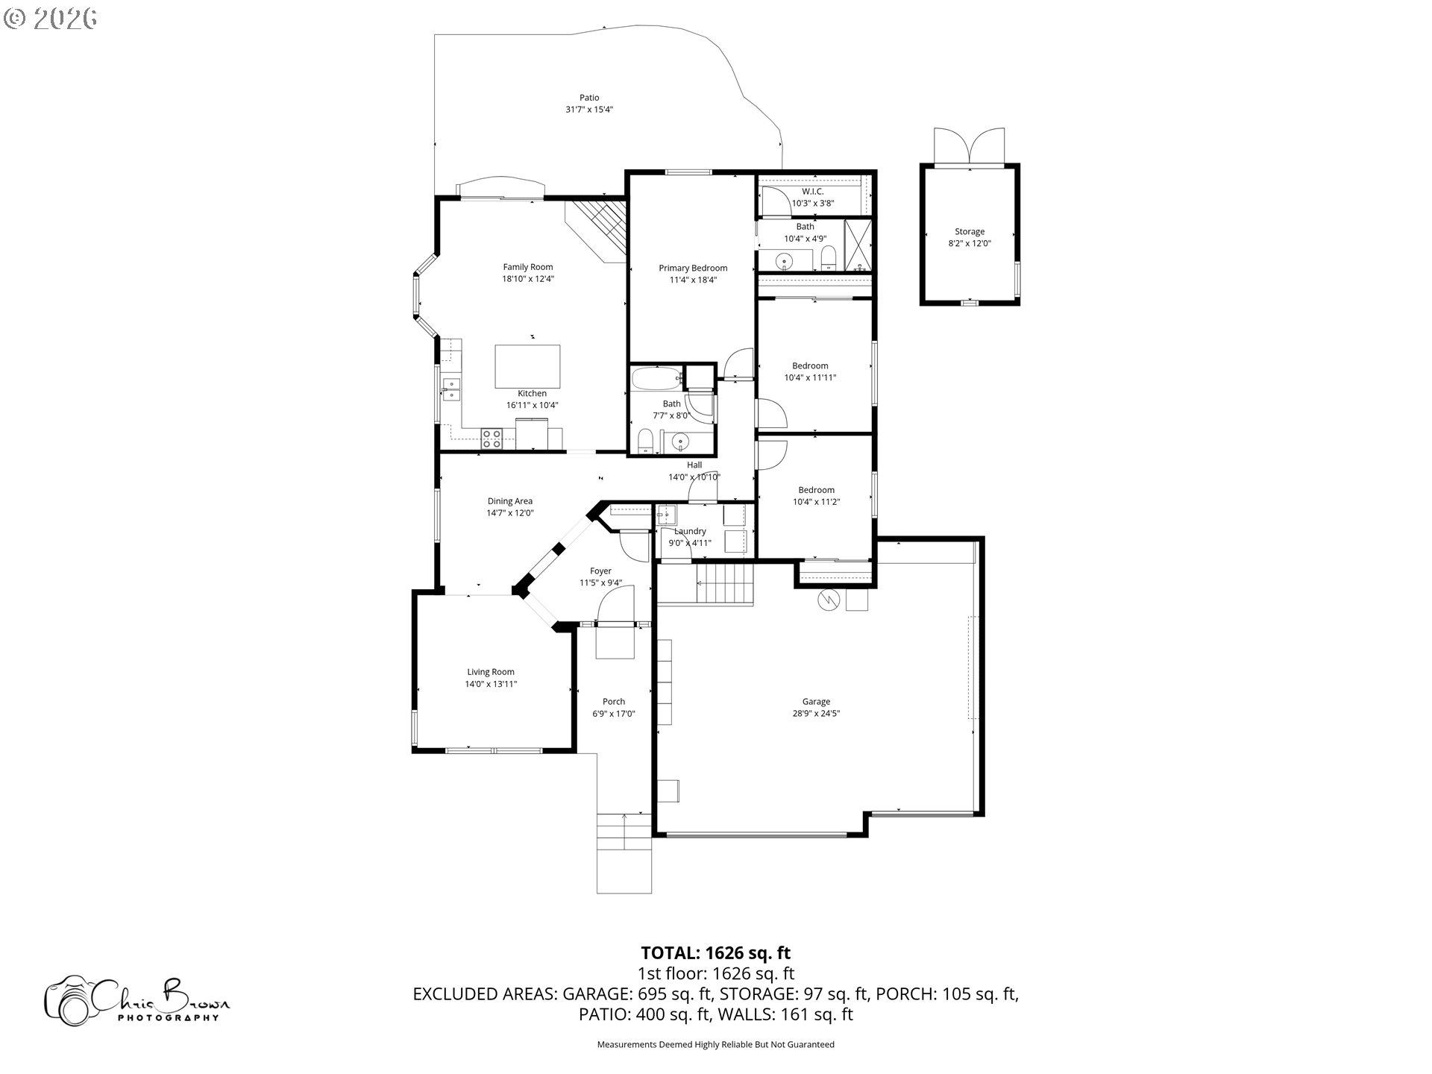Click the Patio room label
click(589, 98)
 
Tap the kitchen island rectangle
click(528, 366)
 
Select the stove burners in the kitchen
click(492, 439)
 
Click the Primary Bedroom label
click(693, 268)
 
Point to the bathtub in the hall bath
click(656, 379)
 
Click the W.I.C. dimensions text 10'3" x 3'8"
click(812, 204)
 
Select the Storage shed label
click(970, 232)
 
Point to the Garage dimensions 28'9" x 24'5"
click(816, 714)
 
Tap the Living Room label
click(491, 672)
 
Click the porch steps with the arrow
click(624, 831)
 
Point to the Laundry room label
click(690, 532)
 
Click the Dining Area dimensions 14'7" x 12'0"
click(510, 513)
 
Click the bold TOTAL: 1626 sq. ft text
click(715, 952)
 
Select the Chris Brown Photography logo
click(137, 999)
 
